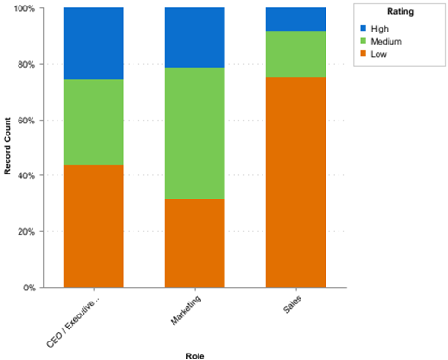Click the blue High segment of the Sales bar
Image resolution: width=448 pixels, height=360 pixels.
[296, 19]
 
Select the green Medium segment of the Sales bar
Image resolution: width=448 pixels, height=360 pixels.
[296, 54]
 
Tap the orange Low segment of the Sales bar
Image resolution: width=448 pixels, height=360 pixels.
[296, 182]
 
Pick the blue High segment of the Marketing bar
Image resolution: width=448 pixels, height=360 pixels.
[195, 37]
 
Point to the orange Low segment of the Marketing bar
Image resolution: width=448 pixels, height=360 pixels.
[195, 242]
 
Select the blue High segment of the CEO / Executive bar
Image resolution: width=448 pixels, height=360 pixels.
[94, 43]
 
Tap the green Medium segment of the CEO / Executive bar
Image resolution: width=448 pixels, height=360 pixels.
[94, 122]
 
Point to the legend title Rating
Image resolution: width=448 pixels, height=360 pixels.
[400, 13]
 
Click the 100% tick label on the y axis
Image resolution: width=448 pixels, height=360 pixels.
[22, 8]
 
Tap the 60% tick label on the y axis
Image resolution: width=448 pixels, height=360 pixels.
[25, 120]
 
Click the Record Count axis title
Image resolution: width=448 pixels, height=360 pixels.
[7, 148]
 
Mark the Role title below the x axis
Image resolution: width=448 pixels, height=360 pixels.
[195, 354]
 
